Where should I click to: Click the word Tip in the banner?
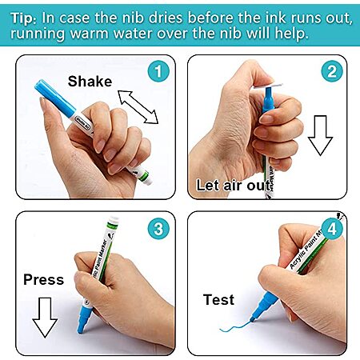point(23,18)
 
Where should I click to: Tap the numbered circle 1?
point(158,71)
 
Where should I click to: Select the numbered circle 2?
point(332,71)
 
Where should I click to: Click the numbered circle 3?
point(158,229)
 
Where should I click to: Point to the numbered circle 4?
point(332,229)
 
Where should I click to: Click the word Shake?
point(90,81)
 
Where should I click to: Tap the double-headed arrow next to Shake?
point(138,107)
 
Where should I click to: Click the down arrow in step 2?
point(320,135)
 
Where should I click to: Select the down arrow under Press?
point(45,318)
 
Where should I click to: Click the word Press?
point(44,279)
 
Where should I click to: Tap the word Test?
point(218,299)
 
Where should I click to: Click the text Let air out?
point(234,185)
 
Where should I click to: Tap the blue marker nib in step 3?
point(85,319)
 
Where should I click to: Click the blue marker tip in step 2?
point(268,98)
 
